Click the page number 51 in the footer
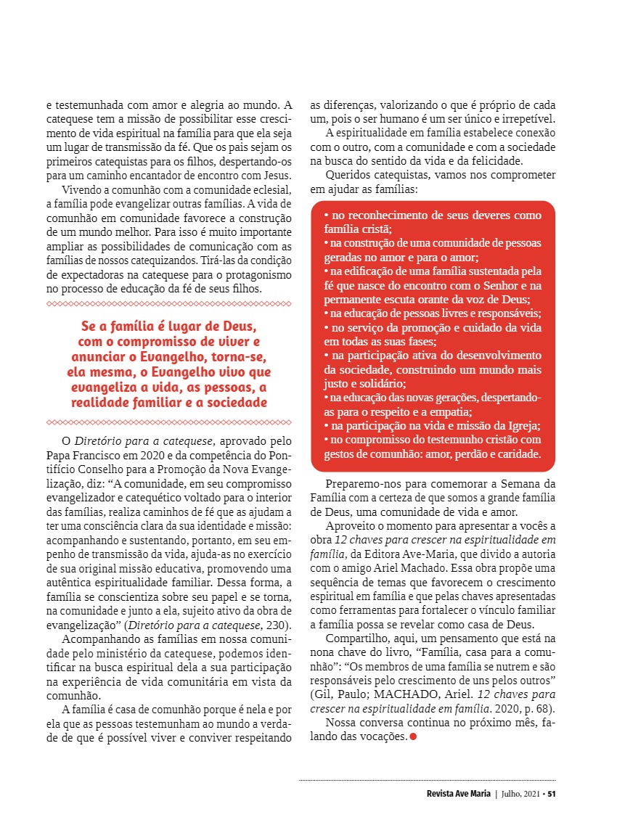(552, 793)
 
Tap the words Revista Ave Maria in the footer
(459, 793)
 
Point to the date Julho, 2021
(522, 793)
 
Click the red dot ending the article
(413, 737)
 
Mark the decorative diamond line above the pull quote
(168, 304)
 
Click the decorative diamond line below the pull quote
(168, 422)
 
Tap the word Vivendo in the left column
(82, 189)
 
